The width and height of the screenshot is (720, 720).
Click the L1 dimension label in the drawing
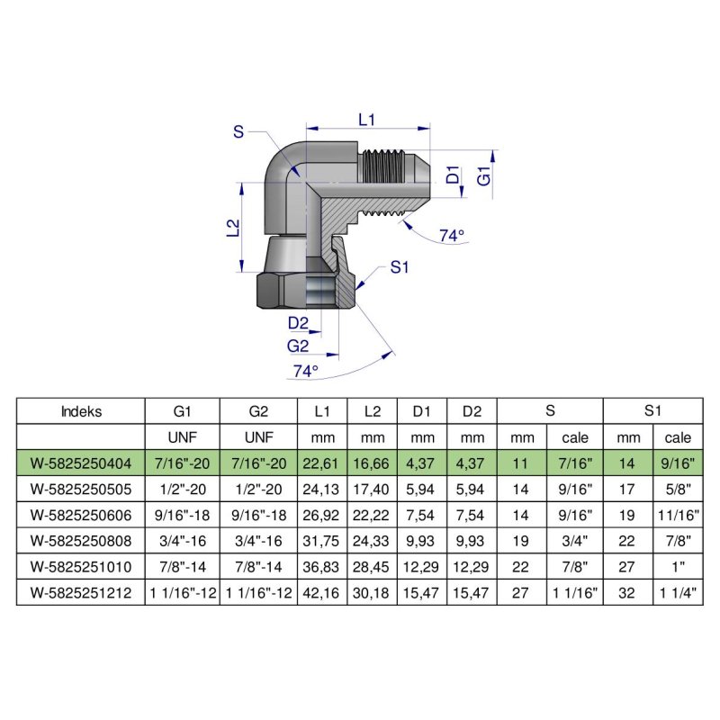tap(366, 118)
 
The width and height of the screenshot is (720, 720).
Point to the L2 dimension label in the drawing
tap(231, 228)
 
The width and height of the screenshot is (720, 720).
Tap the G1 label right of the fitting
tap(483, 175)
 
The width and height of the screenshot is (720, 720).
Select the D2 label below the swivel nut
tap(298, 324)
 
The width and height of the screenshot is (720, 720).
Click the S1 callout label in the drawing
tap(400, 267)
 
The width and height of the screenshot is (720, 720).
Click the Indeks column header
tap(81, 412)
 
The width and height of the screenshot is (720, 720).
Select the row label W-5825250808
tap(81, 542)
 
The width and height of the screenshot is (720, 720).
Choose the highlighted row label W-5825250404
tap(81, 463)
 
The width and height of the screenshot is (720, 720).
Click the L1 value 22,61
tap(323, 463)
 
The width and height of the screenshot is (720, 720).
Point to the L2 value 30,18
tap(372, 594)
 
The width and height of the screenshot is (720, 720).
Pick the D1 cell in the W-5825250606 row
tap(422, 516)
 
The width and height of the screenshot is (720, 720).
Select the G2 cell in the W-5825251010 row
tap(258, 568)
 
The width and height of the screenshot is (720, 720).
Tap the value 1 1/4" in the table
tap(679, 594)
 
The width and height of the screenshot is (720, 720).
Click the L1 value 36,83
tap(323, 568)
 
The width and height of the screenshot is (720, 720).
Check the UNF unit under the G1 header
tap(183, 438)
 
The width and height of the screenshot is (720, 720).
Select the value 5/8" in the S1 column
tap(679, 490)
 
